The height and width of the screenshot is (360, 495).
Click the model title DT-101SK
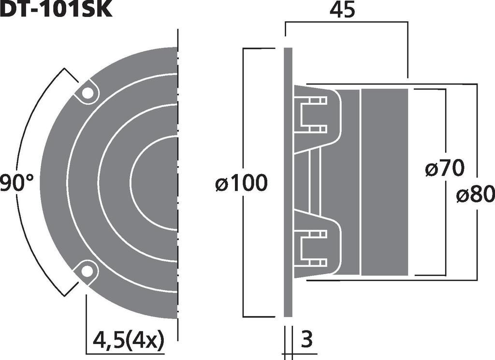pyautogui.click(x=56, y=9)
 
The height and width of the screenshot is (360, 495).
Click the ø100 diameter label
pyautogui.click(x=241, y=184)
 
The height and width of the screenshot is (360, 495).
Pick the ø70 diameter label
pyautogui.click(x=445, y=169)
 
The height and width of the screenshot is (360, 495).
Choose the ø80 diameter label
pyautogui.click(x=475, y=195)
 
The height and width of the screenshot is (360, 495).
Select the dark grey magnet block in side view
pyautogui.click(x=385, y=183)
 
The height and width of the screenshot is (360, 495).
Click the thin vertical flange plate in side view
pyautogui.click(x=288, y=183)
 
